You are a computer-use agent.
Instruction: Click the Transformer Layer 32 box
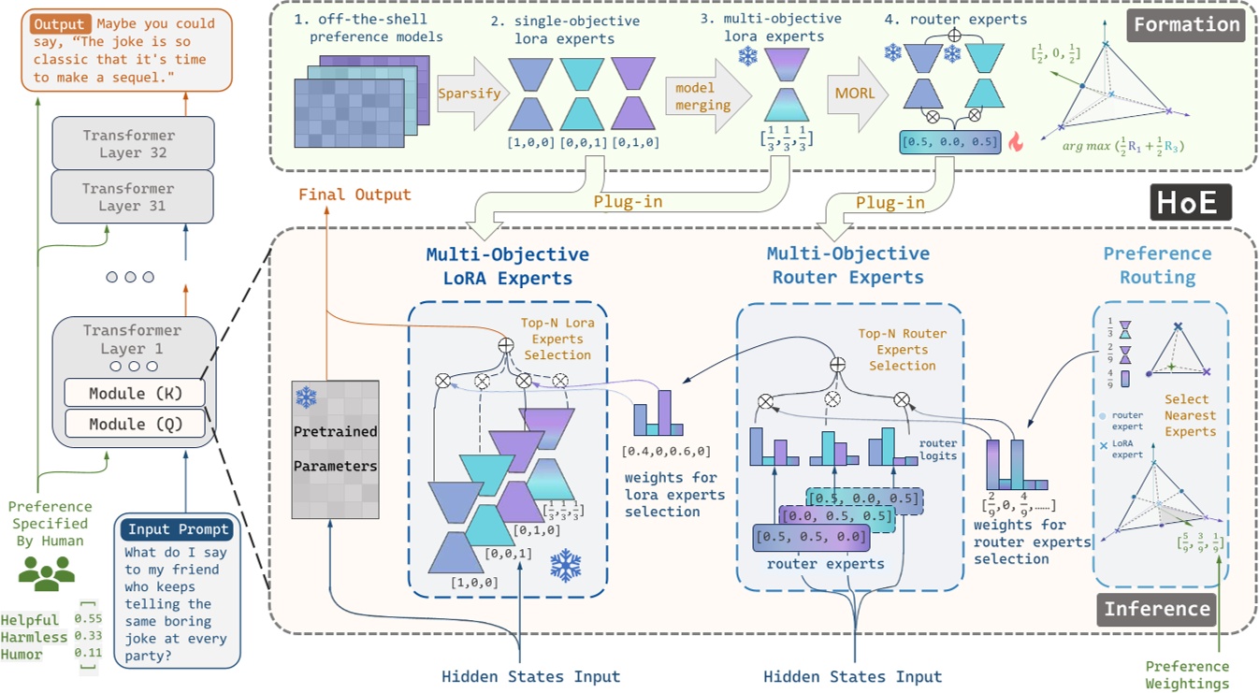point(133,143)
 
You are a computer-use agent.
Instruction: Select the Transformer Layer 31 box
point(133,196)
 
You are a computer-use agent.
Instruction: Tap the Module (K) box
point(134,393)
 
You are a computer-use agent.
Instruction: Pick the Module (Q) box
point(134,425)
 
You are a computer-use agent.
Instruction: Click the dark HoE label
point(1189,202)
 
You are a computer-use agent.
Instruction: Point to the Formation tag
point(1187,24)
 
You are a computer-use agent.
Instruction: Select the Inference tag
point(1157,610)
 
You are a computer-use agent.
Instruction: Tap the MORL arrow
point(853,94)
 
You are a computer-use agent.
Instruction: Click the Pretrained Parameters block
point(335,449)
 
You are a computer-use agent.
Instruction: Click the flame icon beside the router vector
point(1015,142)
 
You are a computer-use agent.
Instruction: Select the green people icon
point(46,572)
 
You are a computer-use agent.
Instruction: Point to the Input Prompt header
point(179,529)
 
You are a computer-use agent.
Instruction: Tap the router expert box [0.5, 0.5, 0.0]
point(811,537)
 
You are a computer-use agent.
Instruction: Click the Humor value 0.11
point(88,655)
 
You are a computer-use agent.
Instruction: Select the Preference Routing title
point(1157,266)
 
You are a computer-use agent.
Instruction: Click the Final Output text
point(355,195)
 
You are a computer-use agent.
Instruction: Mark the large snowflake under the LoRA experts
point(566,565)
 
